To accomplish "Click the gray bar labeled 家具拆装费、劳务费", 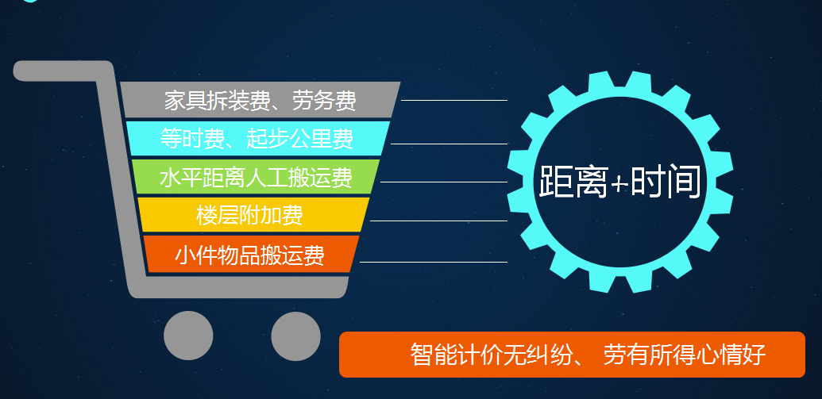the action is [260, 99].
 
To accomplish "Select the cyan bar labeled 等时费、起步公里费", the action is [258, 138].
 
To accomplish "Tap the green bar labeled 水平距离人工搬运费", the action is [256, 176].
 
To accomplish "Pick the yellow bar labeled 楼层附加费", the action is [253, 215].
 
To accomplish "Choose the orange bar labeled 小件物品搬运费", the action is [252, 254].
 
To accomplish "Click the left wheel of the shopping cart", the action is [188, 336].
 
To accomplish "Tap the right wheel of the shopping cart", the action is [295, 336].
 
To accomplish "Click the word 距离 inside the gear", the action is [574, 181].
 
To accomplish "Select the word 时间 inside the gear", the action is [666, 181].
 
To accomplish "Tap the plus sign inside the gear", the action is [620, 183].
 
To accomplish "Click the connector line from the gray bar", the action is [454, 99].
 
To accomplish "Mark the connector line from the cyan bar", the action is [450, 143].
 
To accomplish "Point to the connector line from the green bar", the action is [444, 182].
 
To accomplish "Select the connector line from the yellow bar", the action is [438, 221].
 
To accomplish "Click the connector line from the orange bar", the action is [434, 261].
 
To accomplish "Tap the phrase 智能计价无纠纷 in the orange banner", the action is [494, 355].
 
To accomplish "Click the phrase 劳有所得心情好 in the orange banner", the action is [684, 355].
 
